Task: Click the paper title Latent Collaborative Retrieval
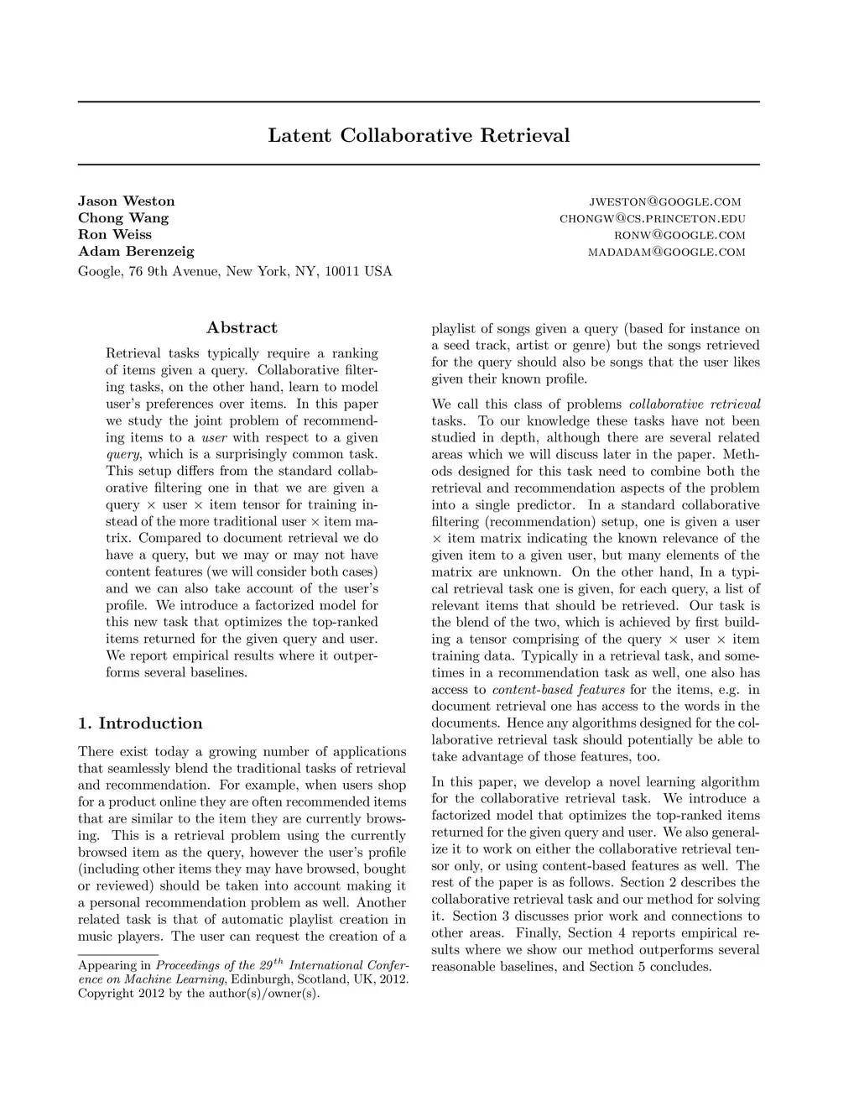point(419,136)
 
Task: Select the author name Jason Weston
point(127,201)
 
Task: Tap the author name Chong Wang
point(123,218)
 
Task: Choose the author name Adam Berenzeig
point(136,252)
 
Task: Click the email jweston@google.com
point(665,201)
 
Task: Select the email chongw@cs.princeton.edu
point(652,219)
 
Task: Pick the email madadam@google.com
point(666,253)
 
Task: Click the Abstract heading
point(242,328)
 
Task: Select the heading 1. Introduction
point(140,723)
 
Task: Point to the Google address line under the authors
point(235,272)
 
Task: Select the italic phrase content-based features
point(559,690)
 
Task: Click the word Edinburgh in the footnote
point(262,980)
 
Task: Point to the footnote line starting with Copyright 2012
point(199,995)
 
